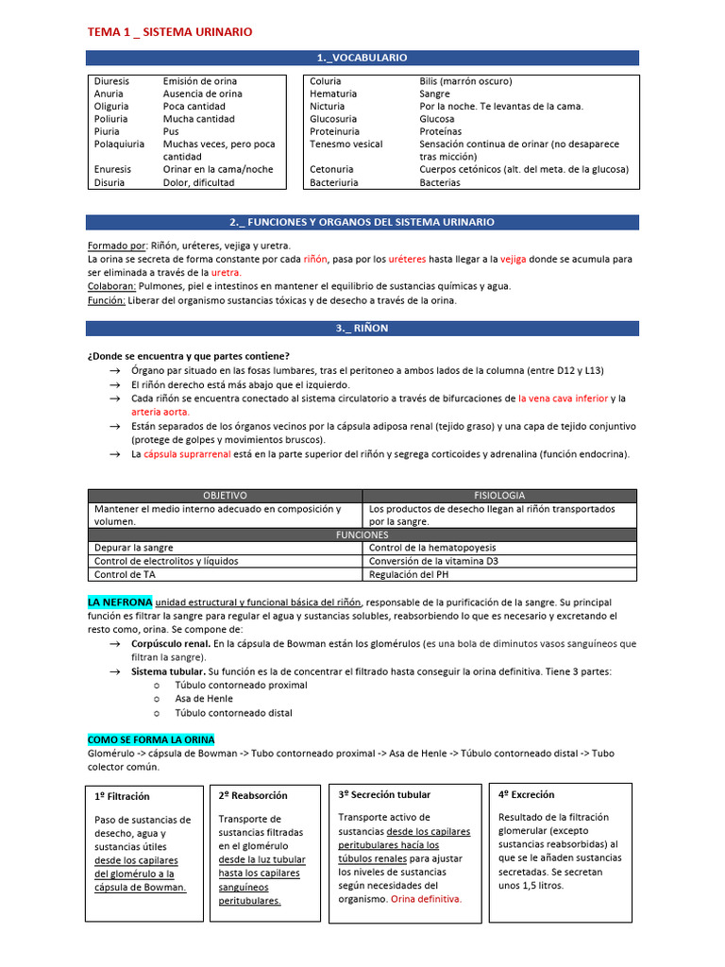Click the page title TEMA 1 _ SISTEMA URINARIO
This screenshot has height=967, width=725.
pyautogui.click(x=170, y=32)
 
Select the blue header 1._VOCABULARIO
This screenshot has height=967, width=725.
pyautogui.click(x=362, y=58)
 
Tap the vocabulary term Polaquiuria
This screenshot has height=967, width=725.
pyautogui.click(x=120, y=144)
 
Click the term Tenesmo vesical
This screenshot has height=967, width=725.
pyautogui.click(x=346, y=144)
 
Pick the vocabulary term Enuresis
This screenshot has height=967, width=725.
pyautogui.click(x=112, y=170)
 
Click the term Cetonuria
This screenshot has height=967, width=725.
pyautogui.click(x=332, y=170)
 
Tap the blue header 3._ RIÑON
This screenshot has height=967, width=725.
pyautogui.click(x=362, y=328)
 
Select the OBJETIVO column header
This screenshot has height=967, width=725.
pyautogui.click(x=225, y=496)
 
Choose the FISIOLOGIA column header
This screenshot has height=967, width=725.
pyautogui.click(x=499, y=496)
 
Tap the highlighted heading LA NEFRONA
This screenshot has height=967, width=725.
pyautogui.click(x=119, y=602)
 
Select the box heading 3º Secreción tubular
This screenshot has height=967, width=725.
pyautogui.click(x=384, y=795)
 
